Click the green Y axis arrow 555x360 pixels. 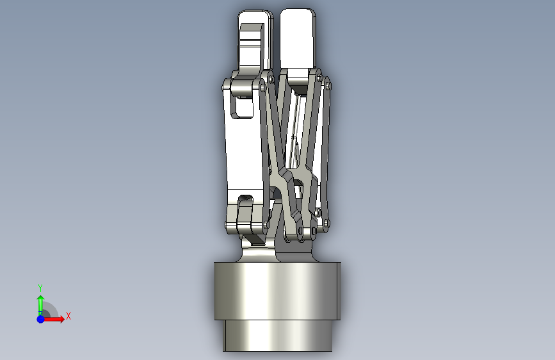pos(40,305)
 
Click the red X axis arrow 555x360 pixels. pos(53,319)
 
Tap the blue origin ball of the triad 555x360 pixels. pos(40,319)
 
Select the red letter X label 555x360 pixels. pos(68,316)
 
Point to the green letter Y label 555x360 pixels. pos(40,288)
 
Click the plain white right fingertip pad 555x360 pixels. pos(297,38)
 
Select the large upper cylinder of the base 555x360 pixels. pos(277,291)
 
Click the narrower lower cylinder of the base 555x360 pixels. pos(278,336)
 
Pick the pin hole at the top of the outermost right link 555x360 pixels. pos(327,85)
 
